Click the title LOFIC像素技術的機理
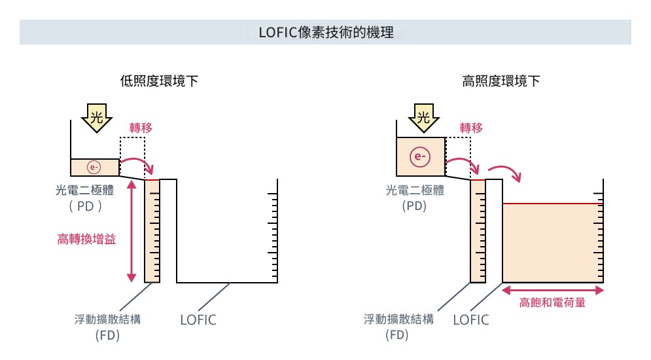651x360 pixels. coord(326,32)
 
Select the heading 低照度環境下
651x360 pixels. coord(159,82)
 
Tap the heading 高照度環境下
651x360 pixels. coord(501,82)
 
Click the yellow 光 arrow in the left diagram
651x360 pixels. coord(96,118)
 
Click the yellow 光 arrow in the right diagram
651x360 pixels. coord(423,118)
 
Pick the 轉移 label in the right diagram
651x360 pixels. coord(471,128)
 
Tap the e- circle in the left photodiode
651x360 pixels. coord(94,168)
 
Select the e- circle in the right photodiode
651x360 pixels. coord(419,157)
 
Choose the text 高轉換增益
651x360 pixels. coord(86,240)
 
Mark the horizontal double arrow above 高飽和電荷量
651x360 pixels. coord(553,289)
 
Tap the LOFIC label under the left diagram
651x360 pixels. coord(198,320)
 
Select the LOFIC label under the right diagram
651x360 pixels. coord(471,320)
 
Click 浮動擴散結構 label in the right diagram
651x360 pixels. coord(398,319)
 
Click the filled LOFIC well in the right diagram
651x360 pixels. coord(552,242)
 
